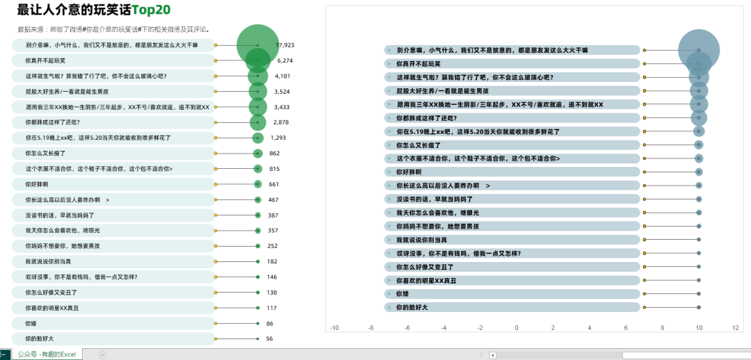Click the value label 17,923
click(x=285, y=44)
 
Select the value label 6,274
click(x=284, y=60)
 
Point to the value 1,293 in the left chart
click(x=278, y=138)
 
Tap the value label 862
click(x=274, y=153)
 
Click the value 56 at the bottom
click(x=269, y=338)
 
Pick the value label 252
click(x=273, y=246)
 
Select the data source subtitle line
click(x=114, y=30)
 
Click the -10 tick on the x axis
click(x=334, y=327)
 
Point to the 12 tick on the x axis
click(x=735, y=327)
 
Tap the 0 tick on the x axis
click(x=516, y=327)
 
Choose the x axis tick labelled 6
click(x=626, y=327)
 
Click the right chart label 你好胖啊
click(x=409, y=172)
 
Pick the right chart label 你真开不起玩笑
click(x=417, y=63)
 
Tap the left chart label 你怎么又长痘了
click(x=45, y=153)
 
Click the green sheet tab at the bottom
click(x=47, y=354)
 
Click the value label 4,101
click(x=282, y=76)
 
